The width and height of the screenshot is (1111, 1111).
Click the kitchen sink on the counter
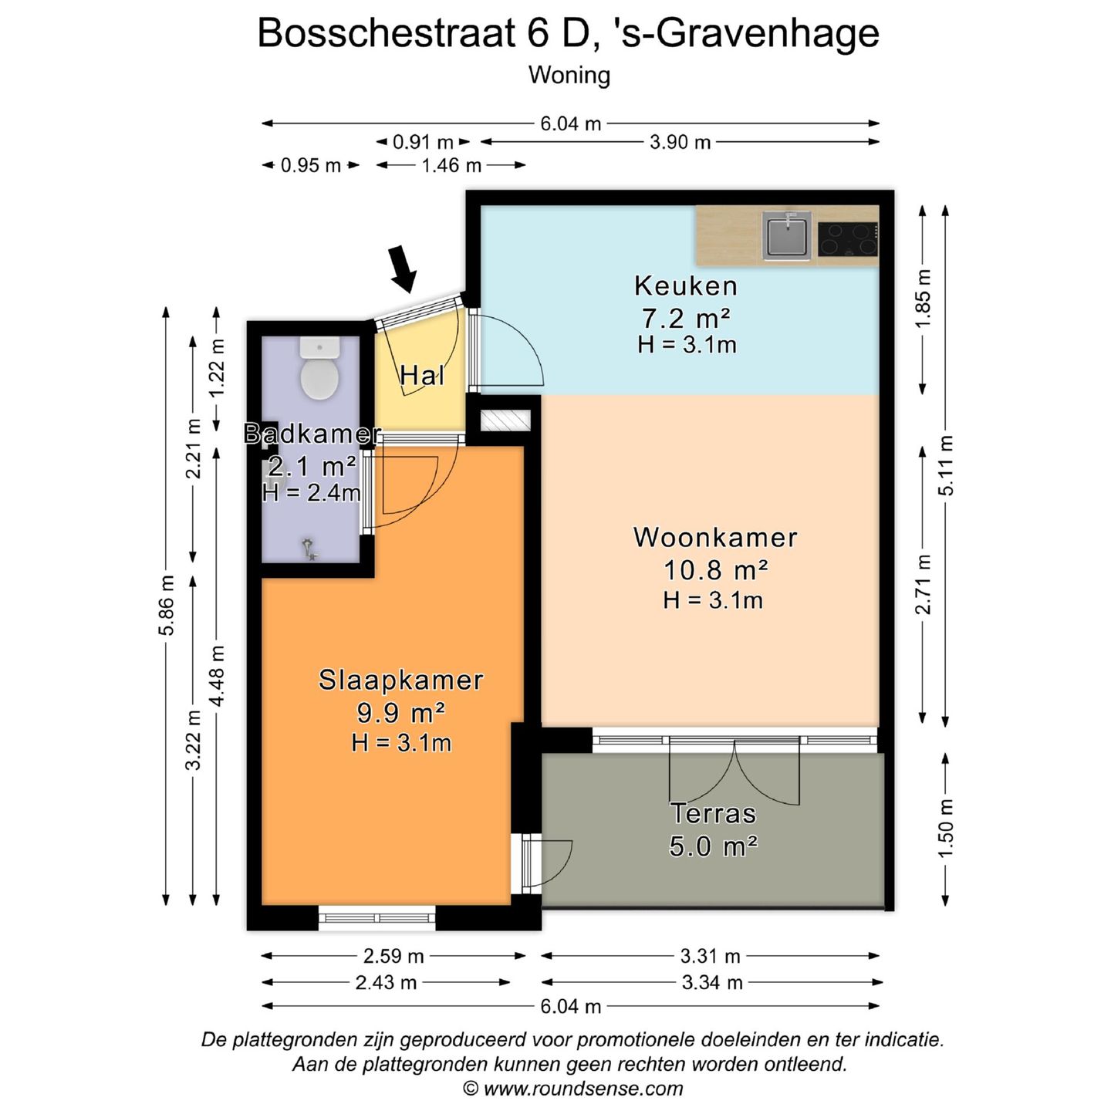pyautogui.click(x=786, y=235)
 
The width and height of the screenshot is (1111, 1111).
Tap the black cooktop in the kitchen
pyautogui.click(x=848, y=238)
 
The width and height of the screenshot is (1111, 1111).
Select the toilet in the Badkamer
pyautogui.click(x=319, y=370)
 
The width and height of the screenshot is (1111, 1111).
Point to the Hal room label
pyautogui.click(x=422, y=377)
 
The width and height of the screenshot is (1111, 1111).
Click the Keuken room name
pyautogui.click(x=686, y=286)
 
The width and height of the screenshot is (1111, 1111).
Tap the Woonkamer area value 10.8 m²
pyautogui.click(x=715, y=570)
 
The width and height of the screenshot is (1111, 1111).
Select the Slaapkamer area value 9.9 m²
pyautogui.click(x=400, y=712)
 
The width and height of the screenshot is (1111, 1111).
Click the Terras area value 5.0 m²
pyautogui.click(x=713, y=846)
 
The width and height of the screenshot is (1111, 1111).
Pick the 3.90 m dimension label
pyautogui.click(x=680, y=143)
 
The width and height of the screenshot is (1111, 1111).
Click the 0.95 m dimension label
pyautogui.click(x=310, y=166)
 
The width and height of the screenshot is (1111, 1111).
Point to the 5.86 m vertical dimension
pyautogui.click(x=167, y=606)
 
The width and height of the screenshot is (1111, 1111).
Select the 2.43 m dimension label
pyautogui.click(x=386, y=983)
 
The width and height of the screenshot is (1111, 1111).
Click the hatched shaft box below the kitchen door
pyautogui.click(x=505, y=420)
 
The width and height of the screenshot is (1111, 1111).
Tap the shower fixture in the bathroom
pyautogui.click(x=309, y=549)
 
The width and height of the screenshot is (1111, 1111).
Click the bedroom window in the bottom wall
pyautogui.click(x=377, y=917)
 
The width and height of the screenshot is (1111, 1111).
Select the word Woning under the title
pyautogui.click(x=569, y=76)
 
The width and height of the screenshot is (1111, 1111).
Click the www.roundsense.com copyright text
pyautogui.click(x=573, y=1089)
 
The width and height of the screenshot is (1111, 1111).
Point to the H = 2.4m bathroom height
pyautogui.click(x=311, y=493)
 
